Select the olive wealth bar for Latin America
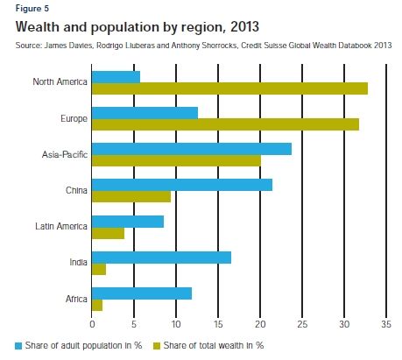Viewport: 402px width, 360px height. tap(108, 233)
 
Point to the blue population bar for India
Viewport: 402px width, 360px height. tap(161, 257)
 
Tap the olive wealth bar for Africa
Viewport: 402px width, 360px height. tap(97, 305)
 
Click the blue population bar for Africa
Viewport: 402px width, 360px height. tap(141, 293)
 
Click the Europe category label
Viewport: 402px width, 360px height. tap(73, 118)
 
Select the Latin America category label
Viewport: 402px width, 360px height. tap(61, 227)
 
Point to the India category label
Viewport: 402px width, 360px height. tap(77, 263)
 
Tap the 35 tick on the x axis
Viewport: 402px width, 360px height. tap(385, 324)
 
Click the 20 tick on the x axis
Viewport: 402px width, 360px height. tap(260, 324)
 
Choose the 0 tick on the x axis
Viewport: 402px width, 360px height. tap(92, 324)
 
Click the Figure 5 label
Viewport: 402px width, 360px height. tap(32, 8)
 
